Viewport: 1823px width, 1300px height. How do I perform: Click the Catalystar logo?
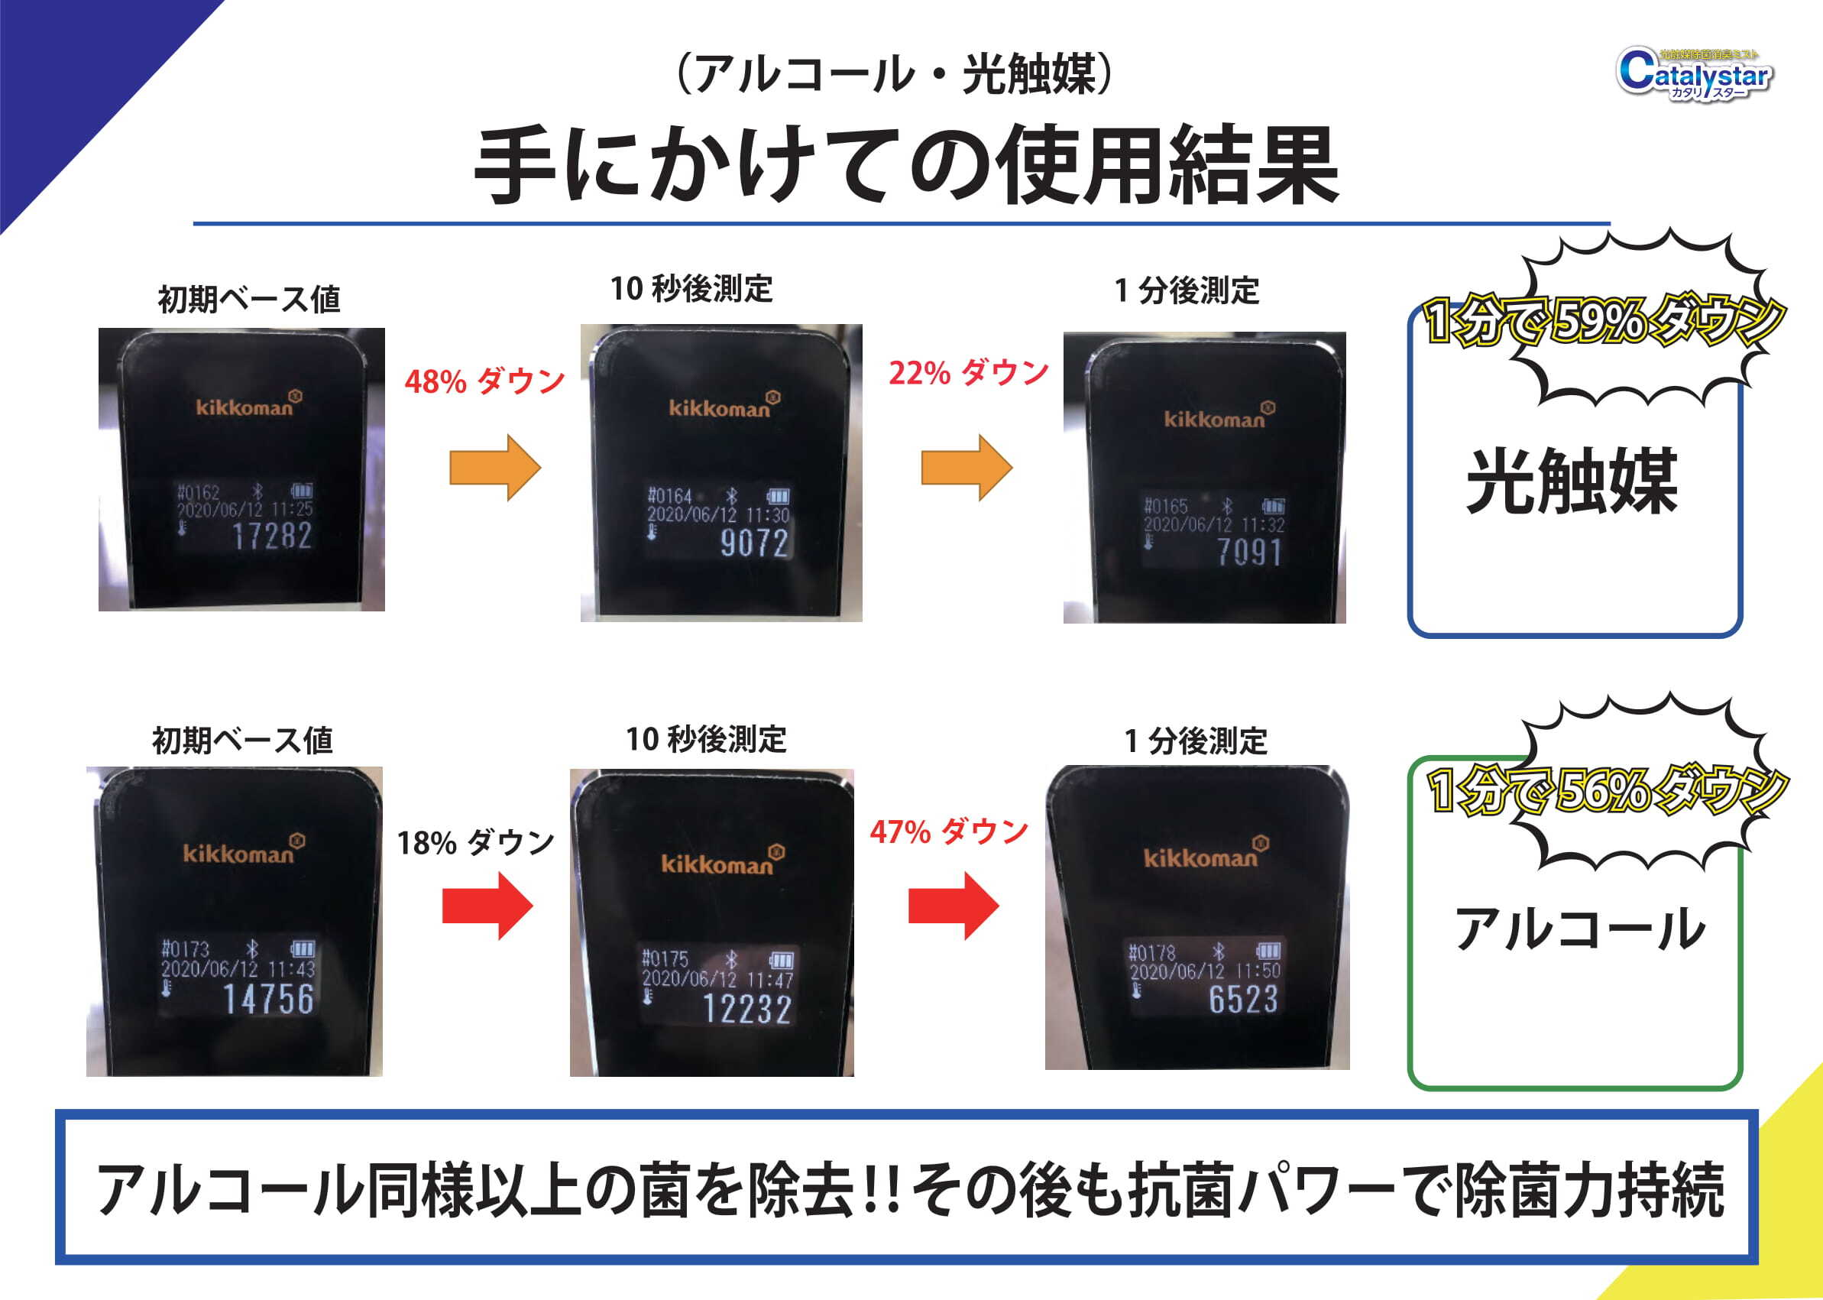[1694, 74]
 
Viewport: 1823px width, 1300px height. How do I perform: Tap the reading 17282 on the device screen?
[271, 537]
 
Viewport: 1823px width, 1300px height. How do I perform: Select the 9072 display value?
[754, 543]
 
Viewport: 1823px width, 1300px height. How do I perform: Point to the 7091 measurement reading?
[1248, 553]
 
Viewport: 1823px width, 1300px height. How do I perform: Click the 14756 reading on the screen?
[268, 999]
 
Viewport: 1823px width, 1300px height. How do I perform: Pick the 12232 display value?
[746, 1010]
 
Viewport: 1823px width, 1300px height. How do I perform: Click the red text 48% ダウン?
[484, 382]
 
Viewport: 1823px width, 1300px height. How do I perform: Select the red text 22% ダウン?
[968, 373]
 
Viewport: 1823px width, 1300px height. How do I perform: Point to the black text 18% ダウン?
[475, 843]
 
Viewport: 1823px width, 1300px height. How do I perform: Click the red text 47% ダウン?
[948, 832]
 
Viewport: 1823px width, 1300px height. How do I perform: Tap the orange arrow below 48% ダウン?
[494, 468]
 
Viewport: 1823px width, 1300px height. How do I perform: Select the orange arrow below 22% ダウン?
[966, 468]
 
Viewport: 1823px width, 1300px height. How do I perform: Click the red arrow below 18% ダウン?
[487, 906]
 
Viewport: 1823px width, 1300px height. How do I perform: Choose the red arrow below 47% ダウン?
[953, 906]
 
